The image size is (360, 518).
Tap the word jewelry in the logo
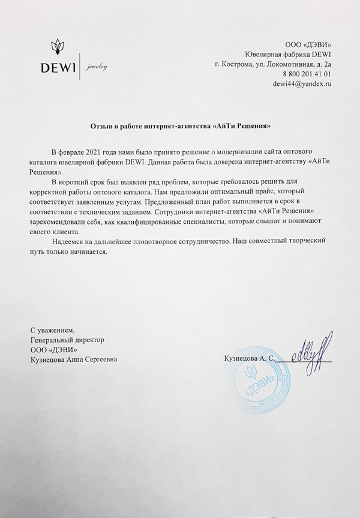pyautogui.click(x=96, y=67)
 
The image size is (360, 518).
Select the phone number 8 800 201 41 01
pyautogui.click(x=307, y=73)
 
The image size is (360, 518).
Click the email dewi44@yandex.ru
pyautogui.click(x=302, y=84)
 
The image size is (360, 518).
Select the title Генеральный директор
pyautogui.click(x=67, y=339)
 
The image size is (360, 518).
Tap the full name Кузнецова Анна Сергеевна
pyautogui.click(x=74, y=359)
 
